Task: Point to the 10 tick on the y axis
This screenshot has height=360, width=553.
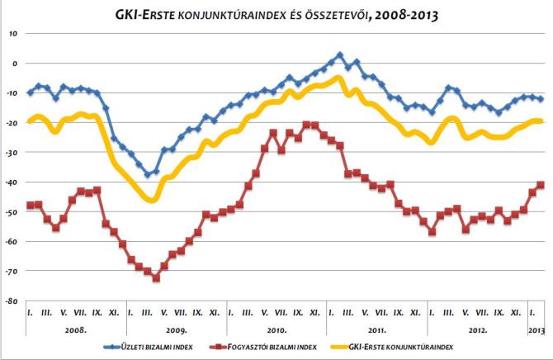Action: click(14, 33)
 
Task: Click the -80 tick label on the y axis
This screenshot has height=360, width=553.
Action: click(13, 301)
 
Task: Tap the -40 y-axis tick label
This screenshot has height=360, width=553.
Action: click(13, 182)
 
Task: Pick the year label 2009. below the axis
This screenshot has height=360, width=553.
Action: click(177, 329)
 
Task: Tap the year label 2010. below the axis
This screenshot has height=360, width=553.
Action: click(277, 329)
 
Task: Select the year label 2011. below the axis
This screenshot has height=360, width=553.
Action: click(376, 329)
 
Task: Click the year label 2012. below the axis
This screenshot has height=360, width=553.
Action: click(476, 329)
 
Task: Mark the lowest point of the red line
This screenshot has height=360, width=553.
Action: click(156, 277)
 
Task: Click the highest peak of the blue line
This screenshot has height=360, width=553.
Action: click(340, 54)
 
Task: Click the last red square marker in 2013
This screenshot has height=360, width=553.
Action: click(541, 185)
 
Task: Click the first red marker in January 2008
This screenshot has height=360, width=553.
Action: click(31, 205)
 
